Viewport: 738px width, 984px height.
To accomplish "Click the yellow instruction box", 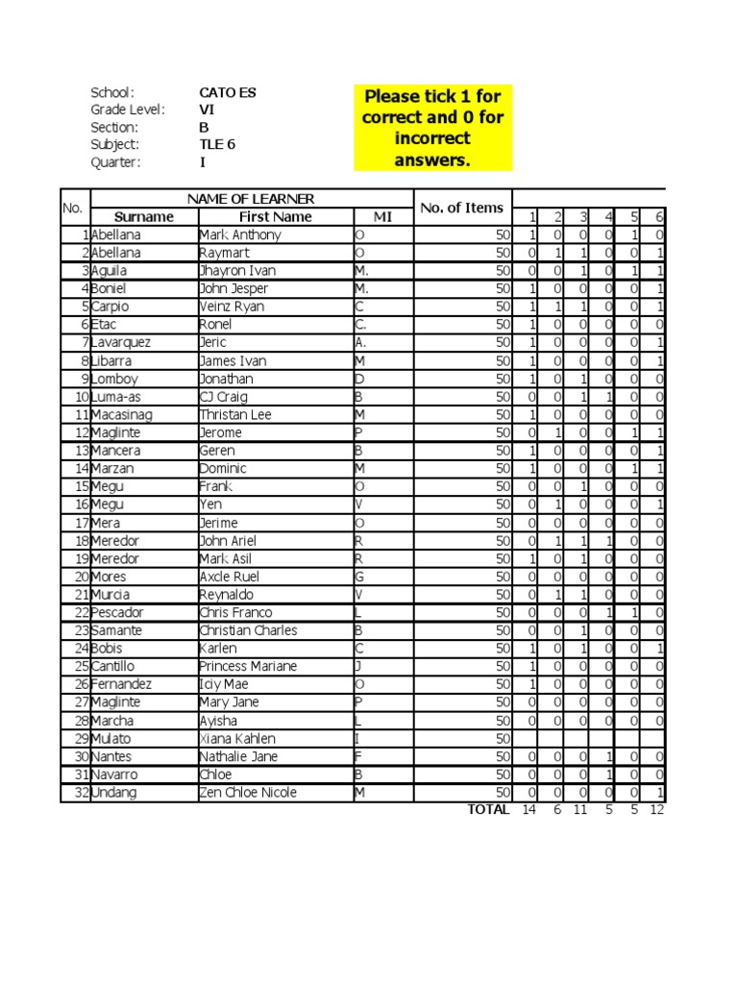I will tap(432, 127).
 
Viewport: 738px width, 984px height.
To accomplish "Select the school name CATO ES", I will tap(228, 93).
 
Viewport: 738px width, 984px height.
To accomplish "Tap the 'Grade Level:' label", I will tap(128, 111).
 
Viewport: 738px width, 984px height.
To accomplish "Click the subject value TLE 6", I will tap(217, 145).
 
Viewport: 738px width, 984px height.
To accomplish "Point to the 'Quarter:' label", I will tap(115, 162).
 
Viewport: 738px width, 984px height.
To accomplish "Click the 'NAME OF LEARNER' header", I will tap(251, 199).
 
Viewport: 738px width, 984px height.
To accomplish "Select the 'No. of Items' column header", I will tap(462, 208).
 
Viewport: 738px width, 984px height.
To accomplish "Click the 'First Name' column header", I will tap(275, 217).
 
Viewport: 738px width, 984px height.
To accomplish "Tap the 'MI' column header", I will tap(382, 217).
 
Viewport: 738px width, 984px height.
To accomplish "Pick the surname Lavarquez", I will tap(120, 343).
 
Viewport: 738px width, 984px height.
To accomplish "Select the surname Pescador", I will tap(117, 613).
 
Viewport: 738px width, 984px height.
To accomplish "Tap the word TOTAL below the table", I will tap(488, 810).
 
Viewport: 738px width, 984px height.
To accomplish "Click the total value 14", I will tap(528, 810).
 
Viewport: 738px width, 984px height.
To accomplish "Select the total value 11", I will tap(579, 810).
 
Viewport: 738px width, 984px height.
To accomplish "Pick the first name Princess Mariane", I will tap(247, 667).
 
